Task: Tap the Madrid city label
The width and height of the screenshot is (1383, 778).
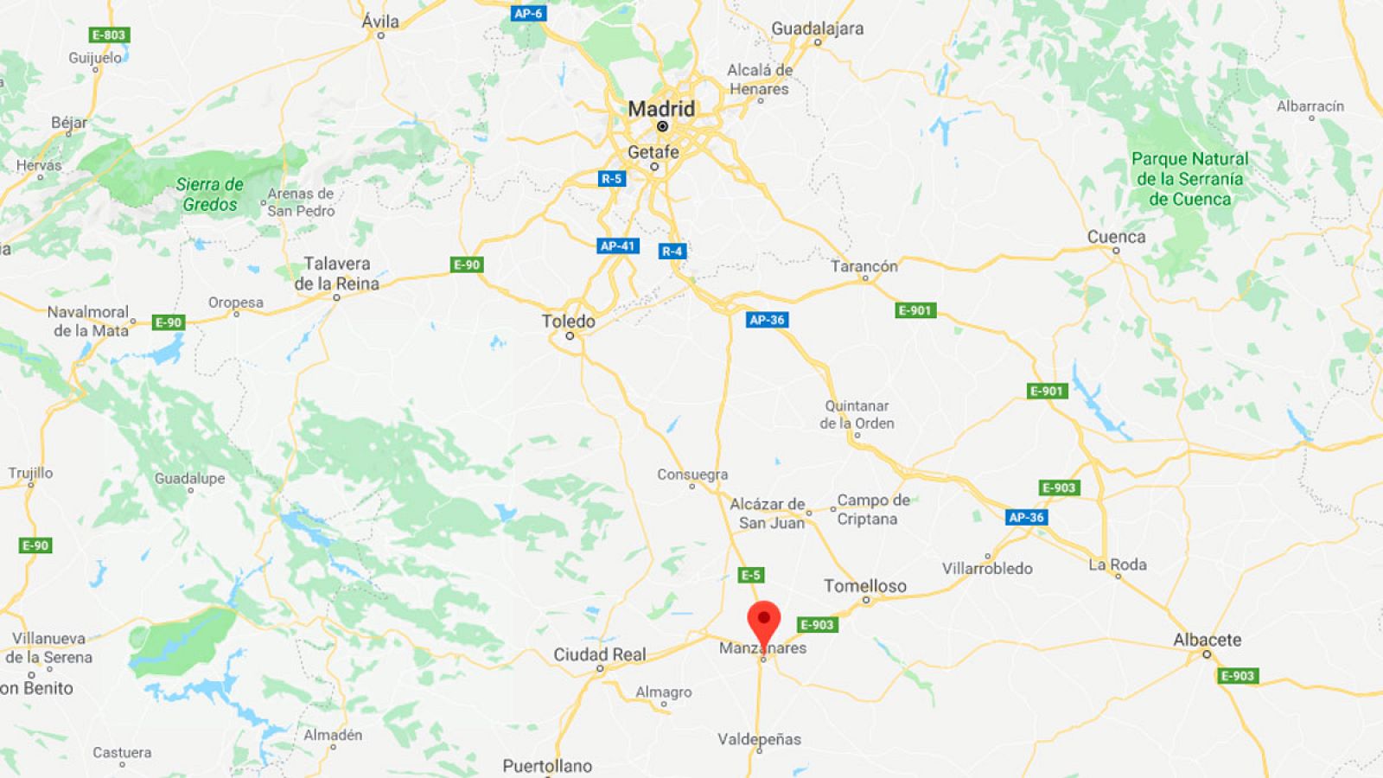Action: [x=661, y=109]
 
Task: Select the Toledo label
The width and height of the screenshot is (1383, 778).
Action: [x=568, y=322]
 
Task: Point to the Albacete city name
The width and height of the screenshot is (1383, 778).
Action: [x=1207, y=640]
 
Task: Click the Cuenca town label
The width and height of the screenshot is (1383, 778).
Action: [x=1116, y=237]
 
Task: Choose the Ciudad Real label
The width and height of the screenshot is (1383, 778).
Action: [x=600, y=654]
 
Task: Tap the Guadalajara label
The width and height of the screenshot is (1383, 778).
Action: [x=817, y=29]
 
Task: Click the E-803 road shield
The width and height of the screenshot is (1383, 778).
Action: [x=109, y=35]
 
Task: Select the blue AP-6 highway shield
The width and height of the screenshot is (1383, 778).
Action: [x=527, y=13]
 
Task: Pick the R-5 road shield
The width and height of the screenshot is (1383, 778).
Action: [x=611, y=179]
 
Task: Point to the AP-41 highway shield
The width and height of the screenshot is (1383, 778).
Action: [x=617, y=246]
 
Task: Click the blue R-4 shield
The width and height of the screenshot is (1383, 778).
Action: [x=672, y=251]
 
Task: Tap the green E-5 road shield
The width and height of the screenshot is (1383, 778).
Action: [x=750, y=575]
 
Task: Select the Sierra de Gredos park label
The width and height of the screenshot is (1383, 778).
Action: [x=209, y=194]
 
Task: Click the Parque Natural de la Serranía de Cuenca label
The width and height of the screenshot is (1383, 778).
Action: [x=1189, y=179]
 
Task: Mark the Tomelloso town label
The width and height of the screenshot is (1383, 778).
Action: [x=864, y=586]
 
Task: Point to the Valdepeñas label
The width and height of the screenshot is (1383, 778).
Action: [x=759, y=739]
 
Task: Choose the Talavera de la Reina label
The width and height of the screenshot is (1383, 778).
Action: [x=336, y=273]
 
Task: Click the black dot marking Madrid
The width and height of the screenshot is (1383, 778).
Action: [x=662, y=126]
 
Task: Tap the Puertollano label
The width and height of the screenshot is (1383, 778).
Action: [x=547, y=766]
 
